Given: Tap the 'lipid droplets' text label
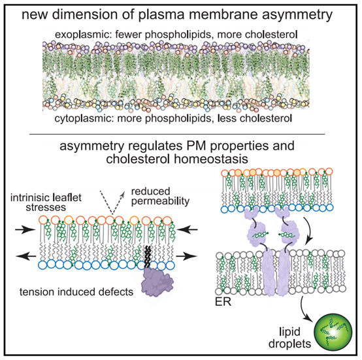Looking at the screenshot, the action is click(290, 338).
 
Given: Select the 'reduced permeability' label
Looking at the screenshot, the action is click(160, 196).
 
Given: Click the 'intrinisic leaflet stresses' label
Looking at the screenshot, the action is click(46, 203).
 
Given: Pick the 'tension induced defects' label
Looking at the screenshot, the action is click(76, 292).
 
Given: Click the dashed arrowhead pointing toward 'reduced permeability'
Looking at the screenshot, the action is click(123, 194).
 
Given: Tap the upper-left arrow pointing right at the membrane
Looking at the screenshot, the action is click(25, 229).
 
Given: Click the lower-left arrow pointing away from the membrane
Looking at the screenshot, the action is click(26, 256).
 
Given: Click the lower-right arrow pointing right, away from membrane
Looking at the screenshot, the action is click(187, 256).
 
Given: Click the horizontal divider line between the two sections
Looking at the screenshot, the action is click(177, 134).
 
